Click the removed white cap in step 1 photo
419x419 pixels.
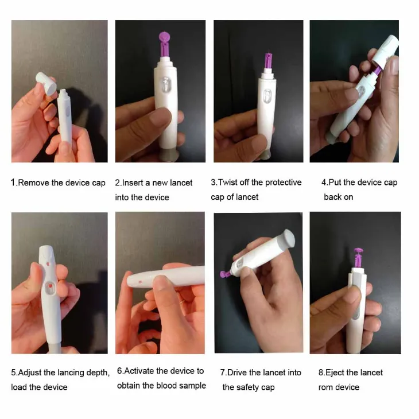pos(46,83)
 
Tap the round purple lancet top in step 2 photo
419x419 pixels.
pos(164,37)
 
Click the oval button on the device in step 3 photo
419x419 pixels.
pos(267,96)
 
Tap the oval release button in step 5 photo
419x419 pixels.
pos(49,288)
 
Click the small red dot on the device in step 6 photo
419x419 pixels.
pos(140,282)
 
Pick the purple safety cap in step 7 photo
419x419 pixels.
pos(225,274)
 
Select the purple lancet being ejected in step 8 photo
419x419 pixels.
pos(358,258)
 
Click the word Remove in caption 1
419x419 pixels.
pos(33,183)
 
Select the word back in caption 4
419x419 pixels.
pos(332,197)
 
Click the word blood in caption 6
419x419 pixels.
pos(167,386)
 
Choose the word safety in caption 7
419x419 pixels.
pos(247,387)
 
